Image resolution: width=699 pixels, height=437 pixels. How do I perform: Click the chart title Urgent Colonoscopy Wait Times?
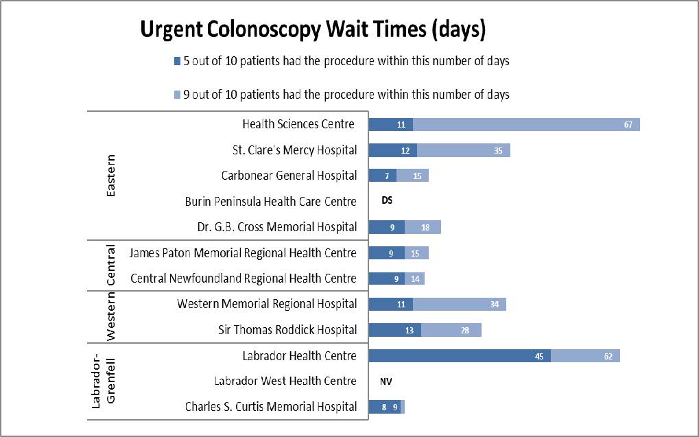313,29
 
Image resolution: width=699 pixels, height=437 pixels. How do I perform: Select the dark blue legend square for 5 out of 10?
177,61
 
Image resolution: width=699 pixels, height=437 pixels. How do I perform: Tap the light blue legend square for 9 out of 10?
177,95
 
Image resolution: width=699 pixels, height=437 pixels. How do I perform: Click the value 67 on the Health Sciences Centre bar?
628,125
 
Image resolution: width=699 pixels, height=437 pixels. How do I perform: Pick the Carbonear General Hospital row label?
289,176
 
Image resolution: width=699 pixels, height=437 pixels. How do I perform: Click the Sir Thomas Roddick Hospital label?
287,330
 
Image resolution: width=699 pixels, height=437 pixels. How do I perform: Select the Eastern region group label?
111,175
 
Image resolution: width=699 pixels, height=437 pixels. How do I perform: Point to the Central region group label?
111,265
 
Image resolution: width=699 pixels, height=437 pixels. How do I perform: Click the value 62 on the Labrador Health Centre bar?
608,356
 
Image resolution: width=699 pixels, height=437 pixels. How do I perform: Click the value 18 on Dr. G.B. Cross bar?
426,227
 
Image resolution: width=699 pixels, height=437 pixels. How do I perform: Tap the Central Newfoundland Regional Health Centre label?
244,279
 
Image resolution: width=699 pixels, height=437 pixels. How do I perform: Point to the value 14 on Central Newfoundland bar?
416,279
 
